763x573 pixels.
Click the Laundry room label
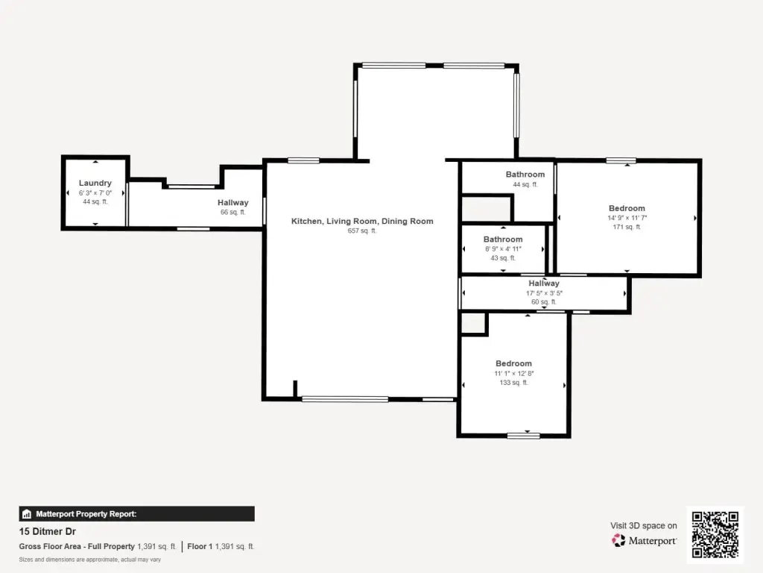click(x=95, y=183)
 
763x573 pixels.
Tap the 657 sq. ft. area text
click(x=362, y=231)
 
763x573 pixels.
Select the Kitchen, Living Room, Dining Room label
click(x=362, y=221)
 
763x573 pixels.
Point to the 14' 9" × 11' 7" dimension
click(x=627, y=218)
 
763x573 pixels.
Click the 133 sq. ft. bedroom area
click(x=514, y=383)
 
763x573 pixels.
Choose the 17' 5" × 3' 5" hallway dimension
click(x=544, y=292)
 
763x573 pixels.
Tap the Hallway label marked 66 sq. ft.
click(x=233, y=202)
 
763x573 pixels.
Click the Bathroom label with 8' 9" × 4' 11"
click(x=503, y=239)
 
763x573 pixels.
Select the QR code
click(x=715, y=534)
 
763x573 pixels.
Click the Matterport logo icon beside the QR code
click(x=618, y=540)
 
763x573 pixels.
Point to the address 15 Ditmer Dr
click(x=48, y=531)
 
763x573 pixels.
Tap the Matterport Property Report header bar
click(x=137, y=513)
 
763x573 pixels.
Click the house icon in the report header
click(x=27, y=513)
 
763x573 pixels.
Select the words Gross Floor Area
click(x=50, y=546)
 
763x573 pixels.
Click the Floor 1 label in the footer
click(x=200, y=546)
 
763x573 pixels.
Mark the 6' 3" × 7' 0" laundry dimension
click(x=95, y=193)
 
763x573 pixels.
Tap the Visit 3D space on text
click(x=644, y=525)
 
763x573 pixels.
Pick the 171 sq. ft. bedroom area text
click(x=627, y=227)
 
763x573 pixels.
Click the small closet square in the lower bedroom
click(x=473, y=324)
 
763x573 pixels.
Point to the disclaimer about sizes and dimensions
click(x=90, y=560)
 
